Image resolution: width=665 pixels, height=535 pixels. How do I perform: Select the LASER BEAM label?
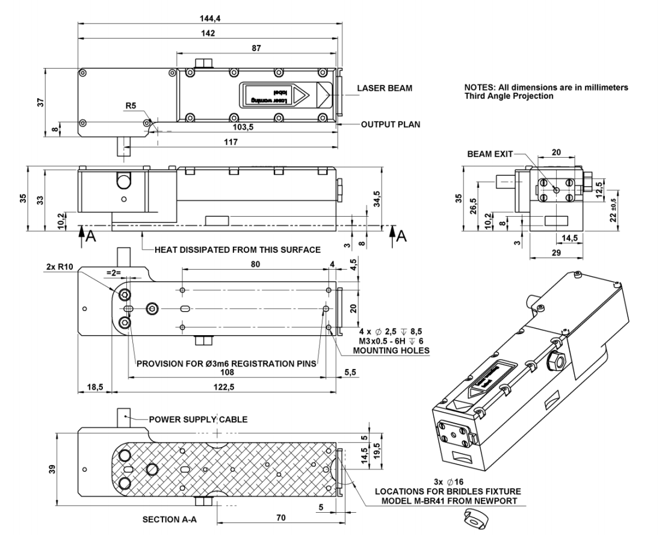pos(385,88)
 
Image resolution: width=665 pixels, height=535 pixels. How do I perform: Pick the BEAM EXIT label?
pos(489,155)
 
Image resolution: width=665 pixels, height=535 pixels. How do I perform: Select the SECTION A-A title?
pos(161,518)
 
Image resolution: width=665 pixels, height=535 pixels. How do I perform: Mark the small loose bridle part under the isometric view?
pos(474,518)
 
